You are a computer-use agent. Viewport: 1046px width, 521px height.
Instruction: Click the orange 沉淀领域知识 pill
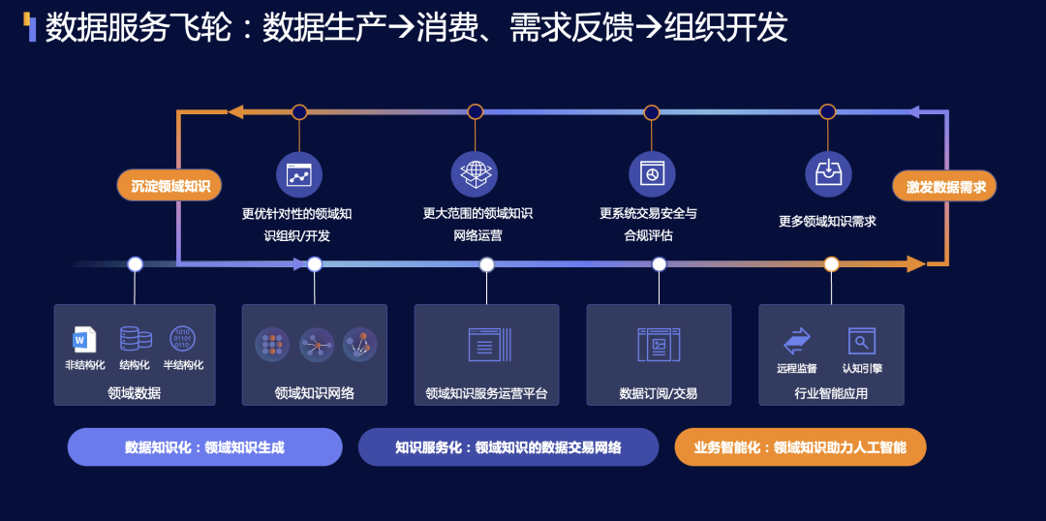(170, 186)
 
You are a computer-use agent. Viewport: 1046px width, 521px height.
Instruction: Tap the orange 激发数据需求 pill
(944, 187)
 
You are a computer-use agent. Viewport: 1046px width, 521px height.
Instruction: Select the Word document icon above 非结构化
(85, 339)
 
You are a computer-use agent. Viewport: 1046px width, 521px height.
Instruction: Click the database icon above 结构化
(135, 338)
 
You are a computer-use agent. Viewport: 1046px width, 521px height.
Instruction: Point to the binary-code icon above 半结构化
(182, 338)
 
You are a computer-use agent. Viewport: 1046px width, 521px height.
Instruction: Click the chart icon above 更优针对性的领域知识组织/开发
(298, 175)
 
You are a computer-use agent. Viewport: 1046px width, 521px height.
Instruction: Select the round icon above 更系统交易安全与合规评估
(651, 174)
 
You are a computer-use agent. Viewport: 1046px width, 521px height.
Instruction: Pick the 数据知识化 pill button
(204, 447)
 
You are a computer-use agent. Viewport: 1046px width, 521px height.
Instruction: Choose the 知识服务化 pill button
(508, 447)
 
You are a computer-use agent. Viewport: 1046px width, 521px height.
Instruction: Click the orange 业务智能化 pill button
(800, 447)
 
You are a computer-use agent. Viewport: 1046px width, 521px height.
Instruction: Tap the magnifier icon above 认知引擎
(861, 341)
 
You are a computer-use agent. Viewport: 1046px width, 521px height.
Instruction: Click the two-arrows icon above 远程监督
(796, 341)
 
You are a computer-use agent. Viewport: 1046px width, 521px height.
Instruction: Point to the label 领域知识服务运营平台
(486, 393)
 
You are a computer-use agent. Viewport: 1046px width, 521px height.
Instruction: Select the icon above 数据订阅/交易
(659, 345)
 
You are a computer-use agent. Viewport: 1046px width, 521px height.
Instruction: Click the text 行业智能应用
(831, 393)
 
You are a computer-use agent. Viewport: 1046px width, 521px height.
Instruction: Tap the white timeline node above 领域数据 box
(135, 263)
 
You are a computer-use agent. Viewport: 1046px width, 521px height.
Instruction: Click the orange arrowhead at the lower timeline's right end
(915, 263)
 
